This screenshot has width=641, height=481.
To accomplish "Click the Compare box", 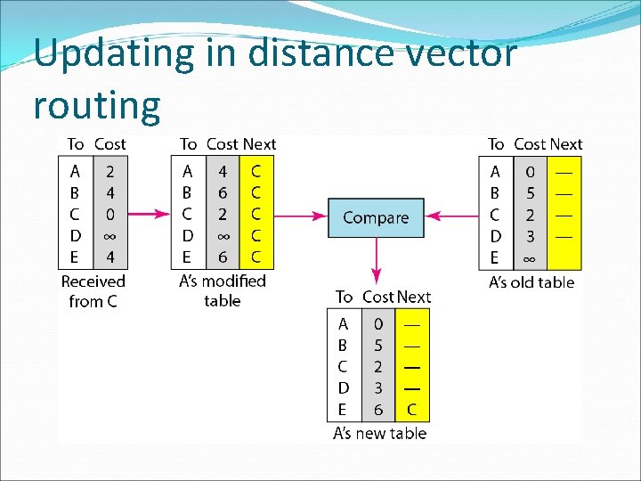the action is (x=376, y=217).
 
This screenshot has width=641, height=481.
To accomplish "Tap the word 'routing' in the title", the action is (x=97, y=105).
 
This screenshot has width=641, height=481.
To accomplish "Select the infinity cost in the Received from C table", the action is (x=110, y=236).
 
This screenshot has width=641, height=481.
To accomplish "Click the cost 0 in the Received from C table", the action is (x=110, y=215).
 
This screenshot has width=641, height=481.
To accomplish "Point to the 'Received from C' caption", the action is (x=93, y=291).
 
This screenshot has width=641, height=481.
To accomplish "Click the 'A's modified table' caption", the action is (x=223, y=290).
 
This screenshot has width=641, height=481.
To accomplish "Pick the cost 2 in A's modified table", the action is (x=223, y=215).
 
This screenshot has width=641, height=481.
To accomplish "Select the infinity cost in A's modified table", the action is (x=223, y=236).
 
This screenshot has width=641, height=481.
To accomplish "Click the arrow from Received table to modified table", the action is (x=150, y=214).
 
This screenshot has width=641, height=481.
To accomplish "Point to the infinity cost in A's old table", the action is (x=530, y=258).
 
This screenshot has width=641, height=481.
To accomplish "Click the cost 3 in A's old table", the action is (x=530, y=236).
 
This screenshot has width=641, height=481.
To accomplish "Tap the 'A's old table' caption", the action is (x=531, y=283).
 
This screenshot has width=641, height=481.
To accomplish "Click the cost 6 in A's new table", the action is (x=378, y=410).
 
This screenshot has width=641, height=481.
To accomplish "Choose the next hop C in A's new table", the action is (x=410, y=410).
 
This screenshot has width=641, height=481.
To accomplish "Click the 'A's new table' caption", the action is (x=379, y=434).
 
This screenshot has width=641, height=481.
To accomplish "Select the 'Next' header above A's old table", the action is (x=565, y=144).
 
